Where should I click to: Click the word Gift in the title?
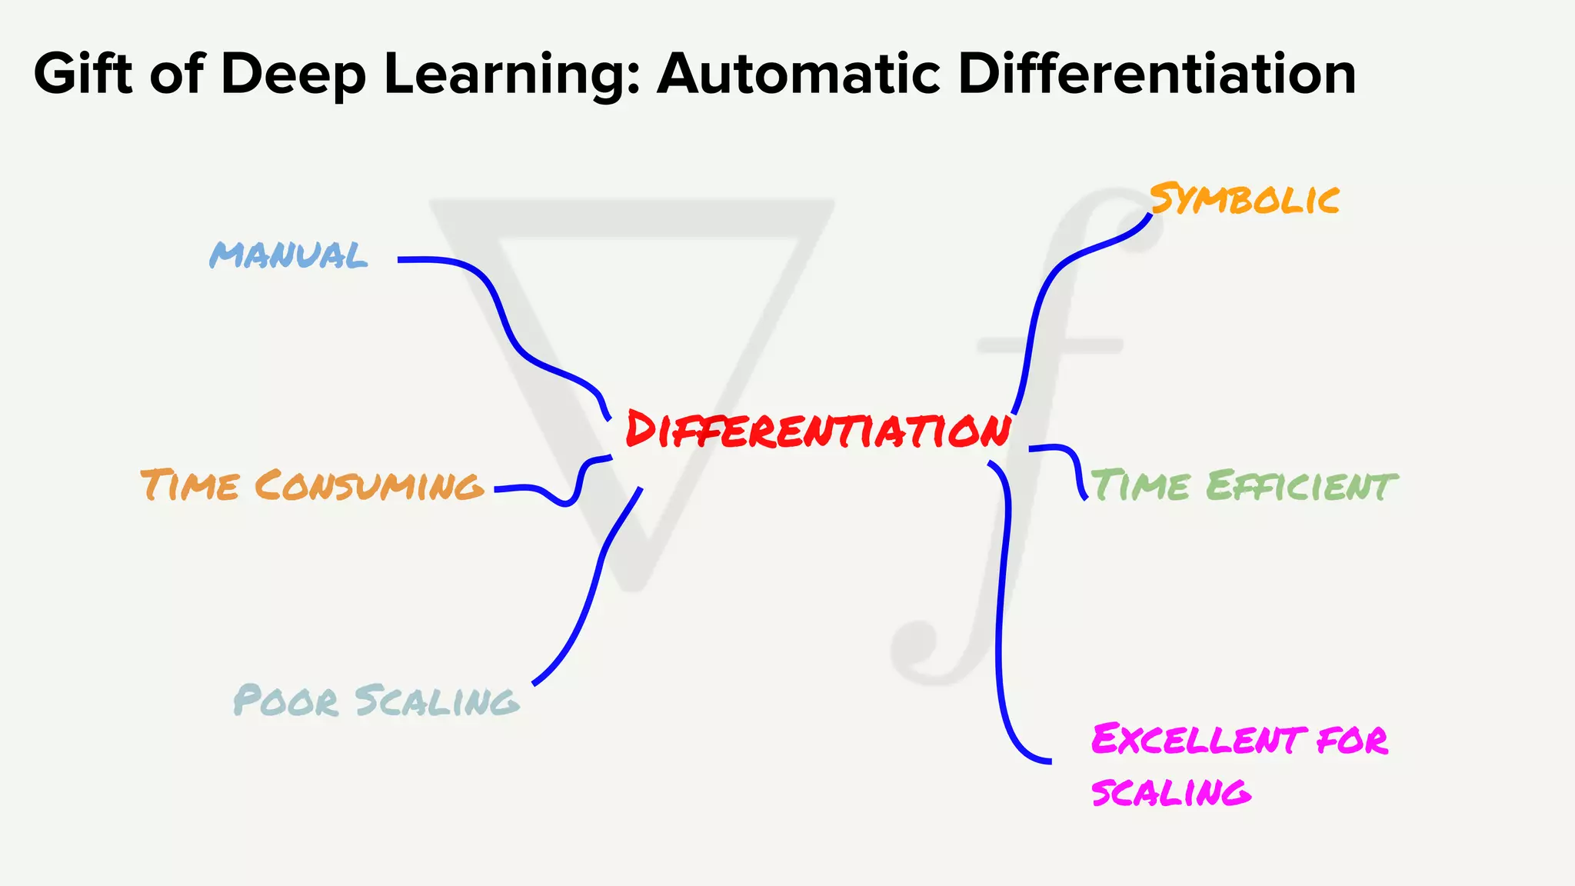[x=82, y=74]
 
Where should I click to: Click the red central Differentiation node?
[x=817, y=430]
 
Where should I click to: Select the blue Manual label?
[x=288, y=255]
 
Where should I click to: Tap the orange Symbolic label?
[x=1244, y=200]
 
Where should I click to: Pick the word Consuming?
[x=368, y=486]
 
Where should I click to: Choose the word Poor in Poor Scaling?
[x=285, y=701]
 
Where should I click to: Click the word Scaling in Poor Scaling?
[x=437, y=701]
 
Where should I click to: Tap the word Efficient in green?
[x=1300, y=486]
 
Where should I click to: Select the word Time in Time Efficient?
[x=1140, y=486]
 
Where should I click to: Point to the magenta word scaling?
[x=1170, y=792]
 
